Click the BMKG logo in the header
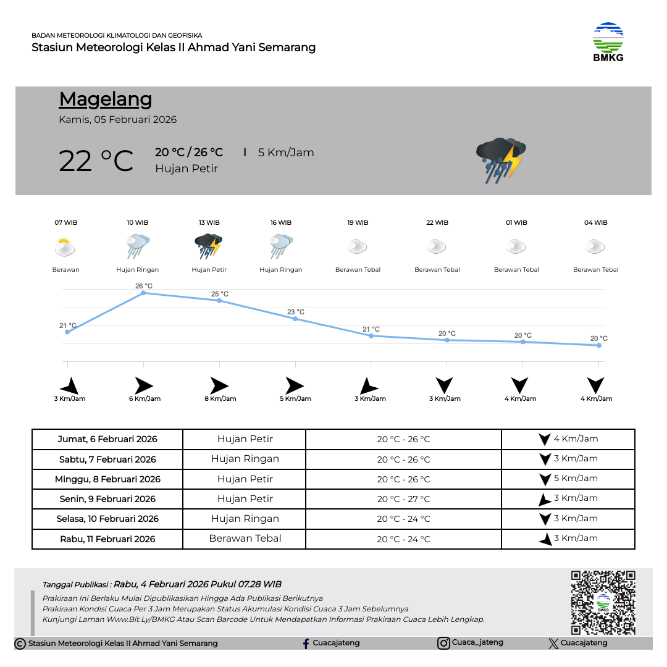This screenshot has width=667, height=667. tap(608, 41)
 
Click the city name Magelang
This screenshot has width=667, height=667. tap(106, 99)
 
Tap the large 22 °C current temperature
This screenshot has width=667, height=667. tap(96, 161)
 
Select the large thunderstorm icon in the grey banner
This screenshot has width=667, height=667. tap(501, 159)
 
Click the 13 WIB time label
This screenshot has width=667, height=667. tap(209, 222)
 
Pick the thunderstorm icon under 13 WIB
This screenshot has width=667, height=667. tap(208, 246)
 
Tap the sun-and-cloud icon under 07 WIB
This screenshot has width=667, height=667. tap(64, 248)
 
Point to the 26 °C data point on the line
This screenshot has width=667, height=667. tap(143, 293)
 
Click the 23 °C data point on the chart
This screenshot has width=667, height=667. tap(295, 319)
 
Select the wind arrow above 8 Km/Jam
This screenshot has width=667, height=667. tap(219, 385)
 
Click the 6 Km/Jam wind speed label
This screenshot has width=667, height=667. tap(145, 398)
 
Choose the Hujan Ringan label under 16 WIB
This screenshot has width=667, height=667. tap(281, 269)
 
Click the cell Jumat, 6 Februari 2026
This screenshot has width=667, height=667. tap(107, 439)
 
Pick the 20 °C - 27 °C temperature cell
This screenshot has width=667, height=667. tap(403, 499)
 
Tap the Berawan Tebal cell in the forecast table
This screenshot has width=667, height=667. tap(245, 539)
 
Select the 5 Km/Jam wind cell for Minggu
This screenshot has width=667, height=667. tap(568, 479)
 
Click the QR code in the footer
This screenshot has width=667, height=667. tap(603, 602)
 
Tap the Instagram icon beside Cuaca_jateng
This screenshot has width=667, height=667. tap(443, 643)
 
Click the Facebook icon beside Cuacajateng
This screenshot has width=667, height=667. tap(306, 644)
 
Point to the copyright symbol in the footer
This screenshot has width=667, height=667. tap(20, 644)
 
